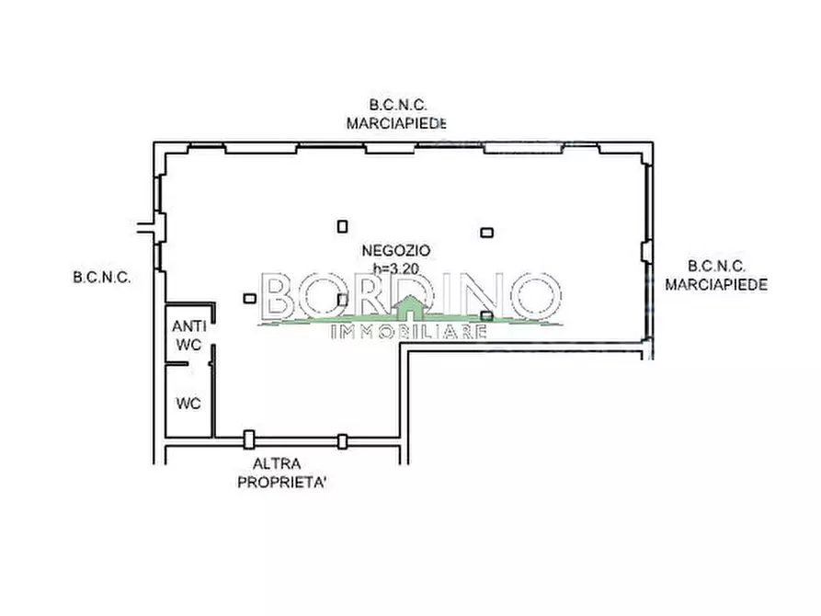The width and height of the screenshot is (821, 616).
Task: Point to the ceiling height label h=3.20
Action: [396, 268]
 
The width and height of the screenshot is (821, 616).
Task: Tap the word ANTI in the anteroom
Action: [189, 326]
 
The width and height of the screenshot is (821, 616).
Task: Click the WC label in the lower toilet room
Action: [188, 404]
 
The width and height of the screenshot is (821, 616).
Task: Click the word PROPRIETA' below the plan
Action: [281, 483]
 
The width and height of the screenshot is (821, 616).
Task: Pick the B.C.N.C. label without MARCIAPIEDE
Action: [102, 278]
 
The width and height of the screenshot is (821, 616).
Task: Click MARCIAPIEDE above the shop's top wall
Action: [396, 123]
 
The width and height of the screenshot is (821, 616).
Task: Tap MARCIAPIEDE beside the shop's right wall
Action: [716, 284]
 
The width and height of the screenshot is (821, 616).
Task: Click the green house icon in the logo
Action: [410, 309]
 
